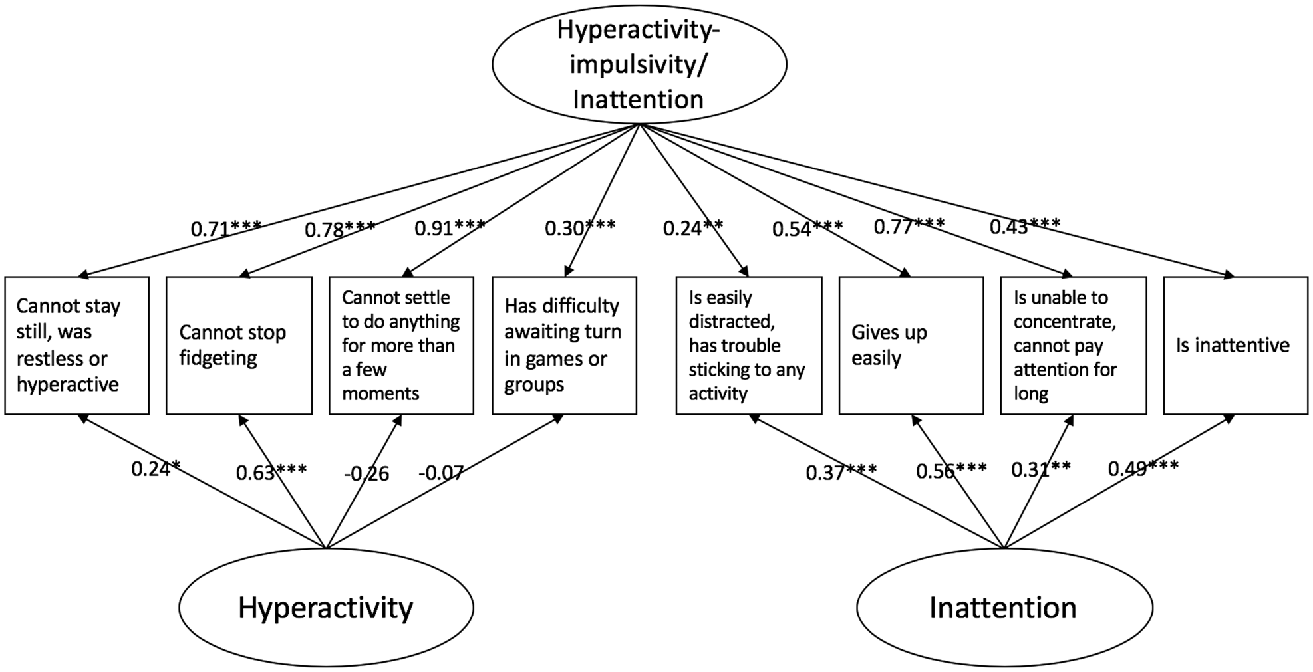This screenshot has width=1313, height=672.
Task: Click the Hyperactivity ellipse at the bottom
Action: [x=326, y=608]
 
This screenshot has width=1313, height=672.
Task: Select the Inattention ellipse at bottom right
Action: [x=1004, y=608]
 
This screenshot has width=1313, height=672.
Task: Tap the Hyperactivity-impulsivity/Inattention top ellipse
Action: [x=639, y=64]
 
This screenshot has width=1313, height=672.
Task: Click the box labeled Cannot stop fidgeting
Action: [x=239, y=346]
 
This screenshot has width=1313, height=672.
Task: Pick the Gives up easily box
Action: [x=911, y=346]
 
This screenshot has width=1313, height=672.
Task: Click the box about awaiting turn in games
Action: [x=564, y=346]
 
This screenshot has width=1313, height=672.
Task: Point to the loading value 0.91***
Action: [x=450, y=228]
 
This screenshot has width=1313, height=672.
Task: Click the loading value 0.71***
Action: [x=226, y=229]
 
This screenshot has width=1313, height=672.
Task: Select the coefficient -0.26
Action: [x=366, y=474]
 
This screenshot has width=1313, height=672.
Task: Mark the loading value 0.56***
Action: [x=951, y=471]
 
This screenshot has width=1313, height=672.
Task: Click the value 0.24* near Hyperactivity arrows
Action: [x=156, y=469]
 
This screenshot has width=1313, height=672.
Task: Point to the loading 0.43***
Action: [x=1024, y=227]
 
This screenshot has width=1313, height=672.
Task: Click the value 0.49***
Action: [x=1143, y=469]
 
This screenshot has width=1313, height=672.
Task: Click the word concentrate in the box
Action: [x=1064, y=322]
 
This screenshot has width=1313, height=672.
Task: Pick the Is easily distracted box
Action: [x=748, y=346]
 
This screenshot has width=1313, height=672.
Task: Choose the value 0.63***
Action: [x=271, y=473]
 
